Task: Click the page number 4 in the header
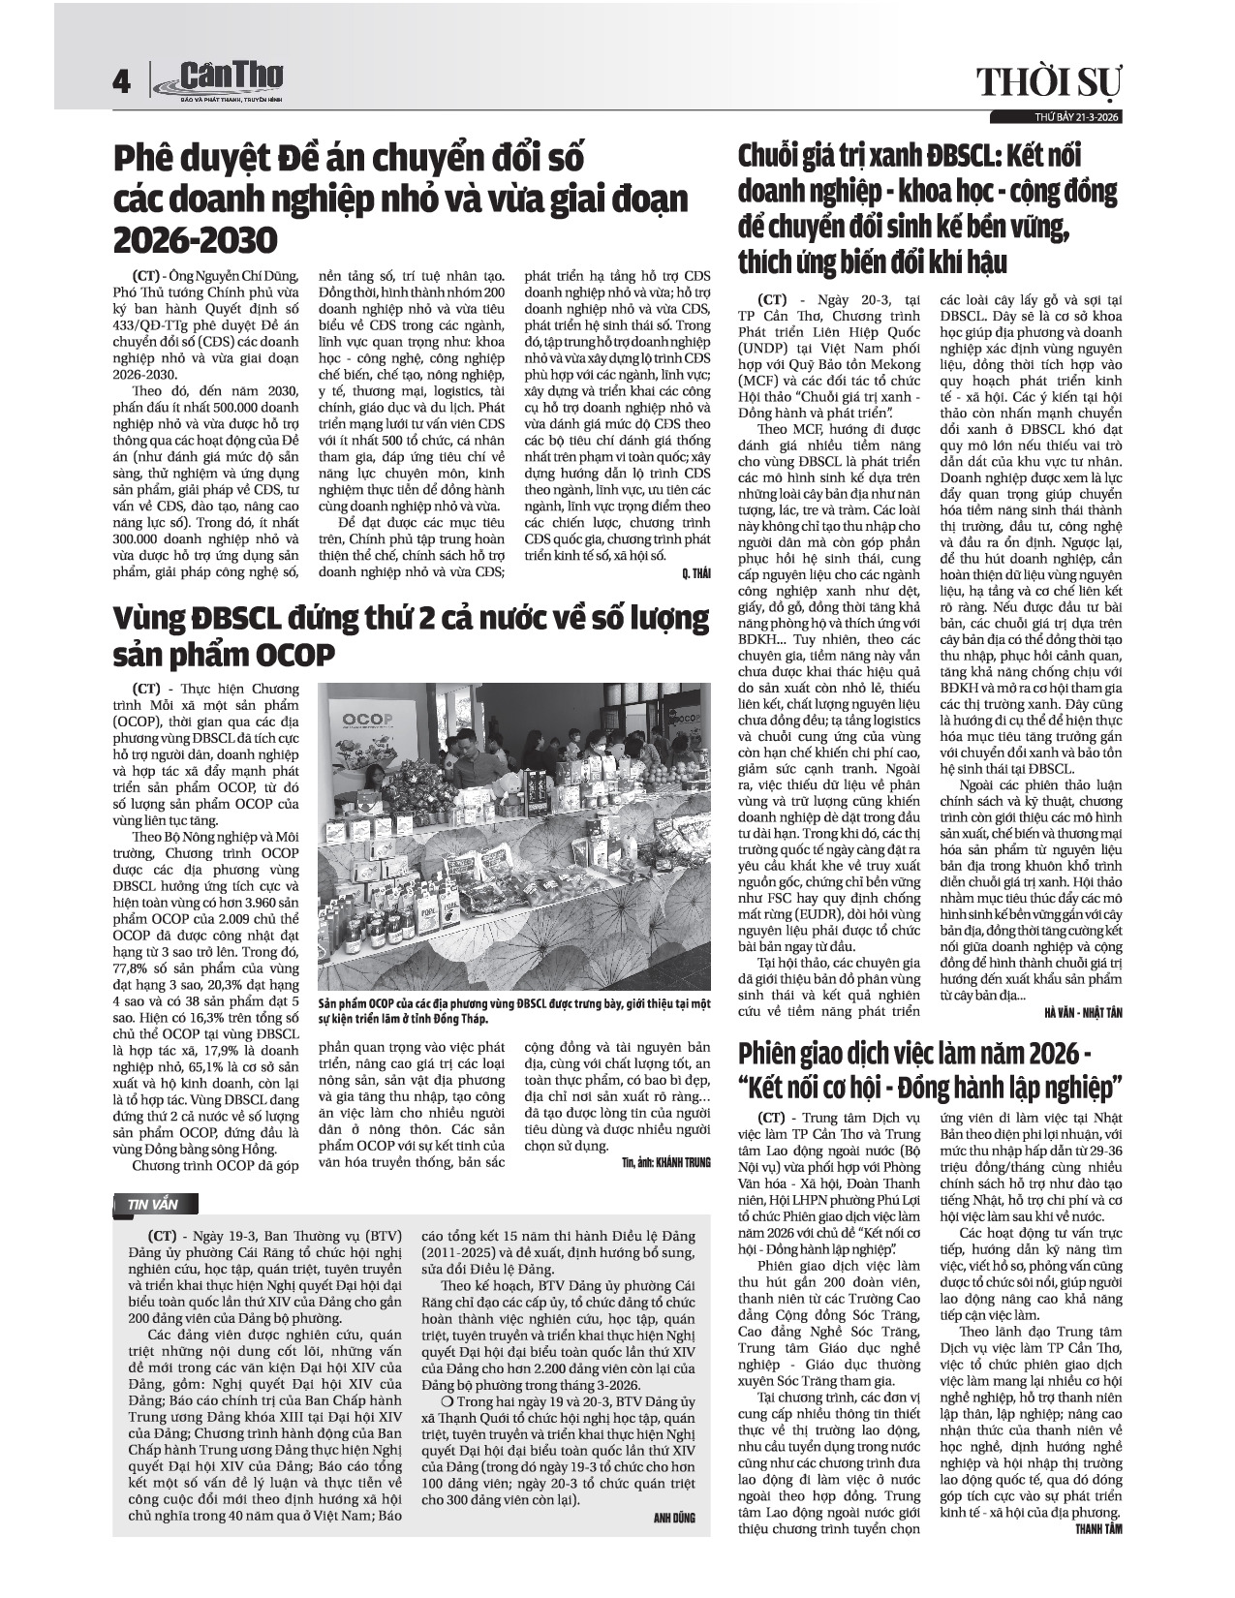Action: [x=121, y=82]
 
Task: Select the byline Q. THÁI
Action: [x=695, y=573]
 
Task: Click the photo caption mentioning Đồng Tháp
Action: [x=514, y=1012]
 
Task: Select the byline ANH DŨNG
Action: [x=674, y=1519]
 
